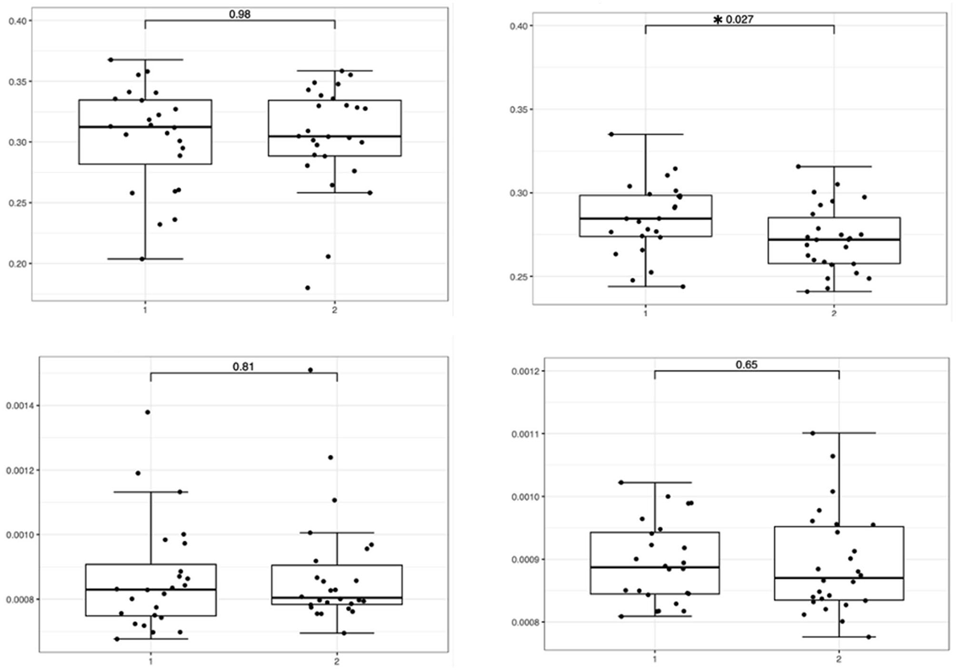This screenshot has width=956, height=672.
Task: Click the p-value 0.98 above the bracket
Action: [x=240, y=15]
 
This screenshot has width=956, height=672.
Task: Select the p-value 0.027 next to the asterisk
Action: [x=740, y=20]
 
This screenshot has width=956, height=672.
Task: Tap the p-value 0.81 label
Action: [x=243, y=367]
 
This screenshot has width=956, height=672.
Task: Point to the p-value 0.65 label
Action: [x=746, y=365]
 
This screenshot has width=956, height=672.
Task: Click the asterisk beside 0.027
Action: [x=718, y=20]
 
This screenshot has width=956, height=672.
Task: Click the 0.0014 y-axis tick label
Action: [x=19, y=406]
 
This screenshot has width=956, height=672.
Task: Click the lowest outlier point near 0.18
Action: [x=308, y=287]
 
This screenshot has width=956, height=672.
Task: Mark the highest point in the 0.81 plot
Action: [x=310, y=370]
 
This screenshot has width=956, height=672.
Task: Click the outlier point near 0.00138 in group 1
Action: [x=147, y=412]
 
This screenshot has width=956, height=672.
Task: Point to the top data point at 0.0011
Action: [x=812, y=433]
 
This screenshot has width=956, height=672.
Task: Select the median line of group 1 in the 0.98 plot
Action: [x=145, y=127]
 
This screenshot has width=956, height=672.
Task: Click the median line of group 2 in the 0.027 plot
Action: [x=834, y=239]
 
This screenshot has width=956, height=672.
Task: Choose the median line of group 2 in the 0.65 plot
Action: [x=838, y=578]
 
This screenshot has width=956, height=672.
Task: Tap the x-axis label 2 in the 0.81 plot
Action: [x=337, y=662]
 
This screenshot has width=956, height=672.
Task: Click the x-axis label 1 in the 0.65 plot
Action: [x=654, y=659]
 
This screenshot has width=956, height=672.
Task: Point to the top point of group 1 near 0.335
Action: [x=611, y=134]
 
